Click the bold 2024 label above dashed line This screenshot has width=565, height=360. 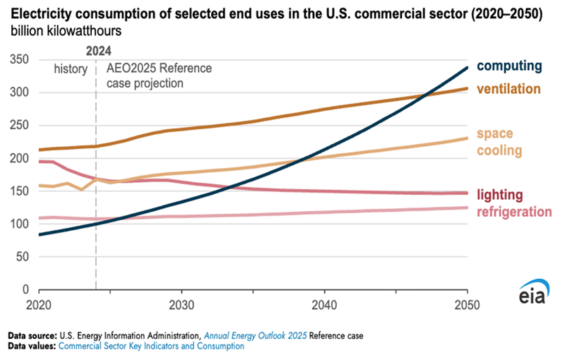coord(97,51)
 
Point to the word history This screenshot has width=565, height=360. coord(71,69)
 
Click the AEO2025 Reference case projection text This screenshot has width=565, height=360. coord(159,76)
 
